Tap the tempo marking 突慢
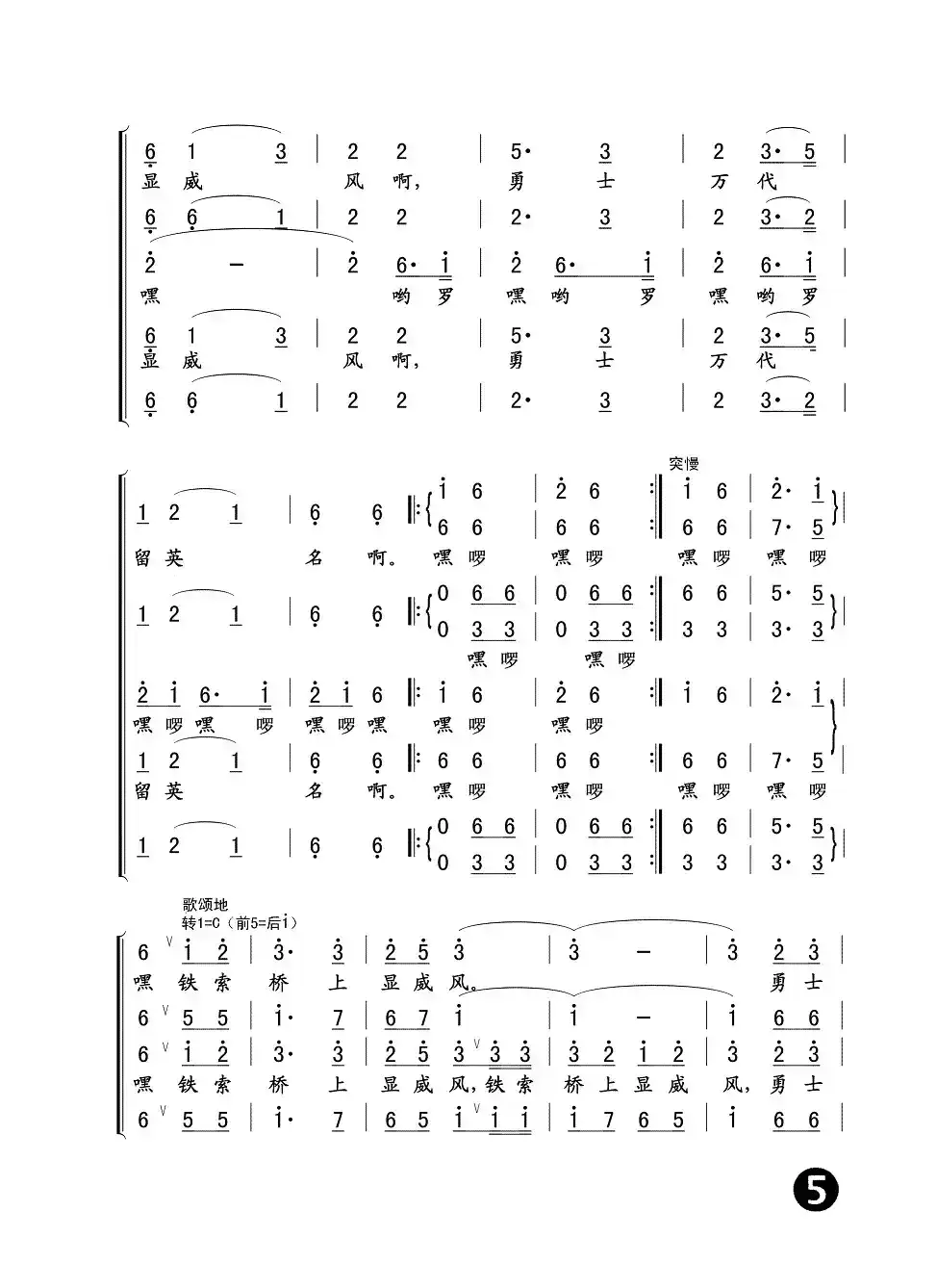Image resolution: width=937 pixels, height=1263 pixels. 684,464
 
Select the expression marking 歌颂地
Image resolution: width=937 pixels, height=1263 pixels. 205,905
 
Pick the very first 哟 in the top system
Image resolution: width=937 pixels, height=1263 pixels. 401,296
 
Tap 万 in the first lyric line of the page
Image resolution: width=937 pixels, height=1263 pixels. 719,181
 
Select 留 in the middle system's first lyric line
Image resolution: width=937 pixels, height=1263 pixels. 143,557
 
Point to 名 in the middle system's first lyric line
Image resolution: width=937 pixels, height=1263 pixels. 314,557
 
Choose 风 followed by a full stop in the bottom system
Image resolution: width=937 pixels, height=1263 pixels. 460,983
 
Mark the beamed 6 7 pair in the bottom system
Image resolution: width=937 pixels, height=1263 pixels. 405,1018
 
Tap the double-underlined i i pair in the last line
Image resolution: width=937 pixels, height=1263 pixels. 509,1121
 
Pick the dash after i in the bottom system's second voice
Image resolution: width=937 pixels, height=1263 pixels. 644,1018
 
